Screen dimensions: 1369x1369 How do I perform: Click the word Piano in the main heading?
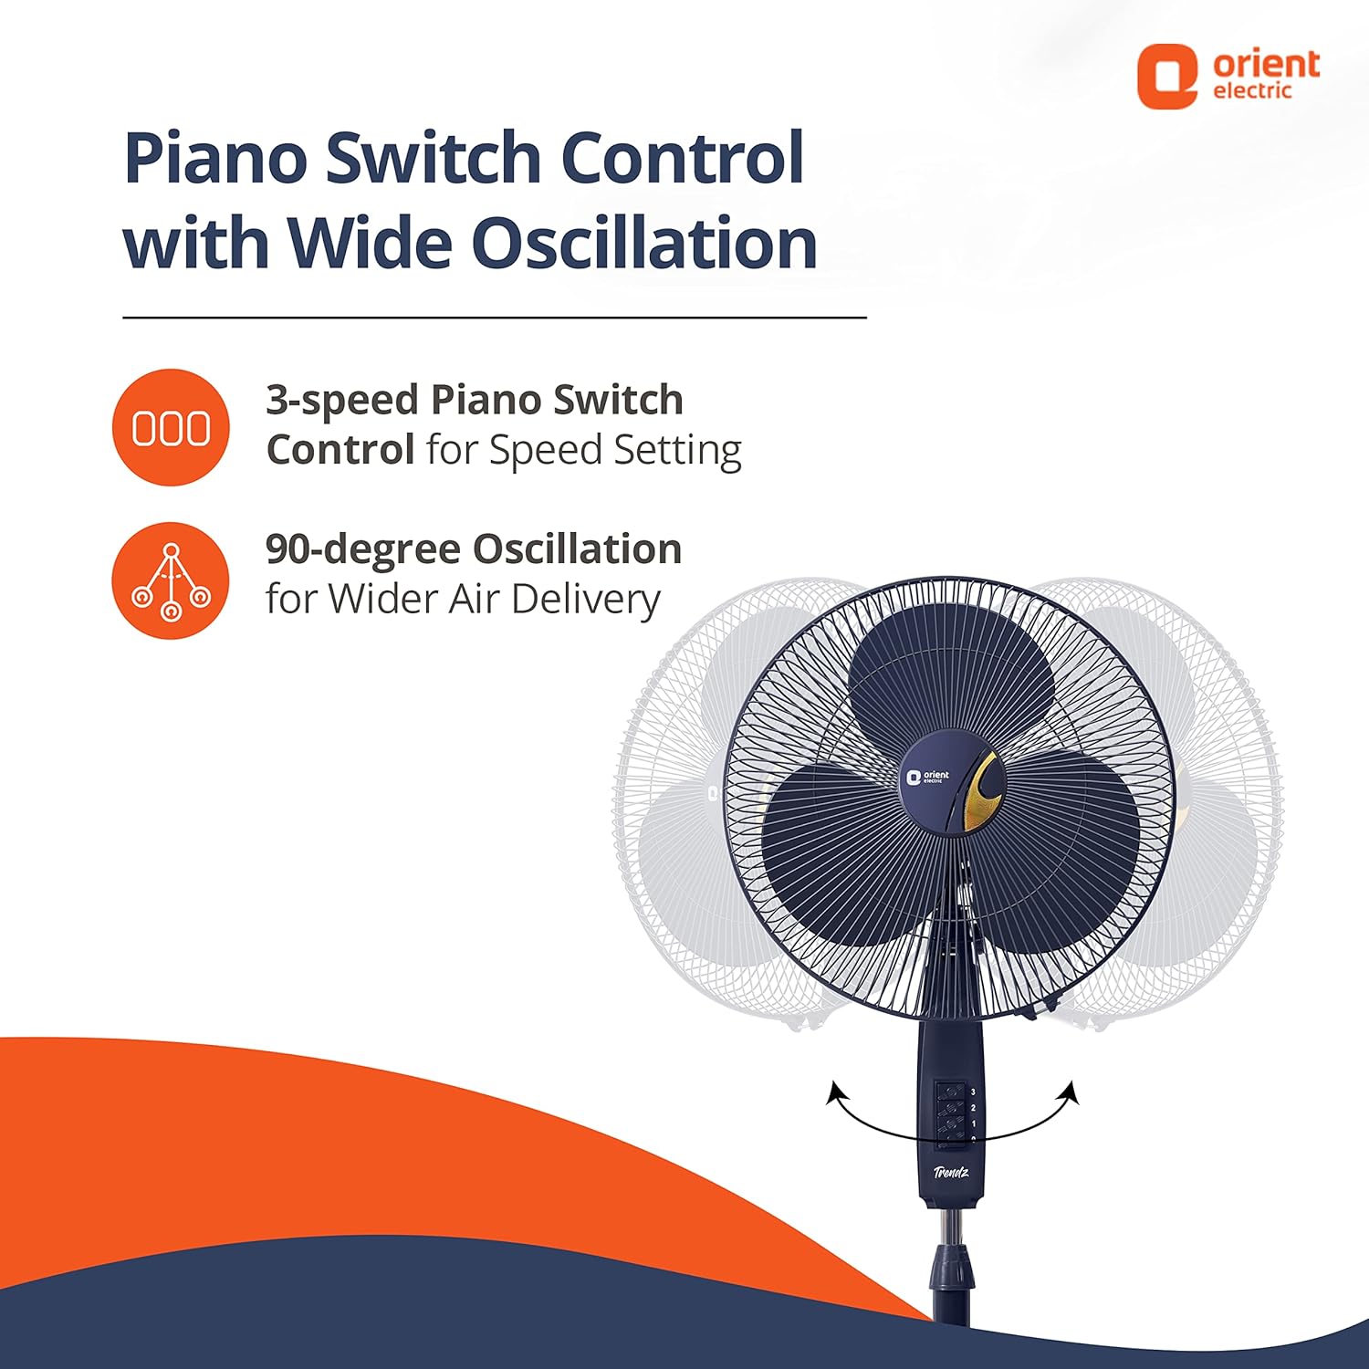(216, 158)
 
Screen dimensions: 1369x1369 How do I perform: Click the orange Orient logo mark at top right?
(1166, 78)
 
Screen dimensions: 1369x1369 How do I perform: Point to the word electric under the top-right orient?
(1252, 90)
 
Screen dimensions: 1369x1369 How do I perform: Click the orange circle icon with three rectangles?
(171, 427)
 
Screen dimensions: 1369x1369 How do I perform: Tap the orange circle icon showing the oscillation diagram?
(171, 580)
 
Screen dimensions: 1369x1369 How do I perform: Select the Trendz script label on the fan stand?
(951, 1172)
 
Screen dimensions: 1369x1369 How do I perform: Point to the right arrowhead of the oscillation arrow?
(1071, 1092)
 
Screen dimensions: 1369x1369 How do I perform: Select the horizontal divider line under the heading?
(495, 318)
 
